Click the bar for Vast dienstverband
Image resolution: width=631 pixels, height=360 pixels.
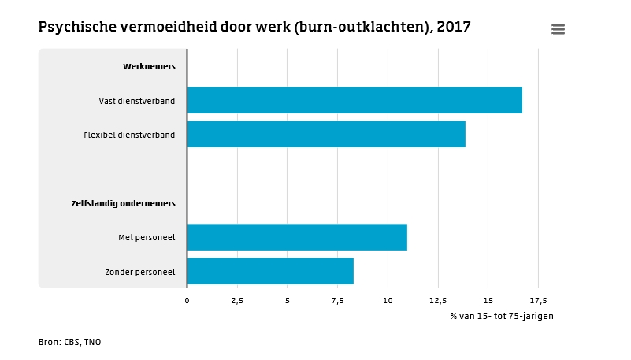click(x=354, y=100)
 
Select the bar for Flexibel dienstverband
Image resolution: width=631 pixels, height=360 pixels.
click(x=326, y=134)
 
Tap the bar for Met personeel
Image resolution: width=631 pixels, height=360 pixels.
click(x=297, y=237)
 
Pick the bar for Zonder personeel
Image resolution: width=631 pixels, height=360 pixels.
click(x=270, y=271)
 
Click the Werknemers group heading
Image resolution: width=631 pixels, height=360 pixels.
click(x=149, y=66)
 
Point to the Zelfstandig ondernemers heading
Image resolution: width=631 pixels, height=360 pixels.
click(x=124, y=203)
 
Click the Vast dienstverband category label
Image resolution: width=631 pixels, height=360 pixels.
click(x=137, y=101)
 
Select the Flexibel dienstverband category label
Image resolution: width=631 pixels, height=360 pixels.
click(x=129, y=135)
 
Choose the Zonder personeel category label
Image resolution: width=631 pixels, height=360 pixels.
click(x=140, y=272)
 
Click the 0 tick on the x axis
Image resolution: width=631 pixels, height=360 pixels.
click(x=187, y=300)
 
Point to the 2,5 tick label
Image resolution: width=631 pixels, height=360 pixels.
click(x=237, y=300)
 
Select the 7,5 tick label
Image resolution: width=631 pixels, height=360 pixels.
click(x=337, y=300)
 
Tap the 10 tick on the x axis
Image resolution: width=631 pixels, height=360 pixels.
click(x=388, y=300)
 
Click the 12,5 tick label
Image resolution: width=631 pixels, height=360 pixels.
click(x=438, y=300)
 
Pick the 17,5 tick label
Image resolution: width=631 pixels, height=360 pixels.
click(x=538, y=300)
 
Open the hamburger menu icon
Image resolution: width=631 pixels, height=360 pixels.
click(x=558, y=29)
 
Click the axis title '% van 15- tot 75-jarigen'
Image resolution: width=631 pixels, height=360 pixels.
click(x=502, y=316)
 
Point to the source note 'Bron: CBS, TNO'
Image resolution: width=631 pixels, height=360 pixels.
click(x=69, y=342)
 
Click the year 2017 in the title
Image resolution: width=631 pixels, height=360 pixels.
click(x=454, y=28)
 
